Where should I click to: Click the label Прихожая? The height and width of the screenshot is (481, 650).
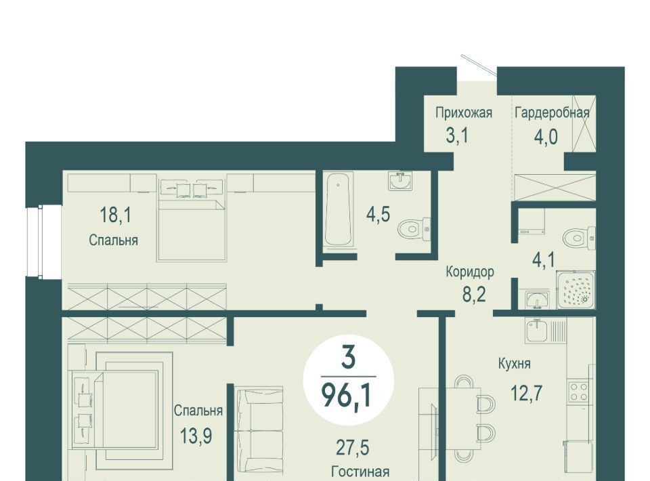point(463,112)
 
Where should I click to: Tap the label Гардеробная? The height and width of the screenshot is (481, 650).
point(552,112)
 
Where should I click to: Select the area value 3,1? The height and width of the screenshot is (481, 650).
point(457,135)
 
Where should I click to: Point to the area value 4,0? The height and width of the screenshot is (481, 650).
point(546,136)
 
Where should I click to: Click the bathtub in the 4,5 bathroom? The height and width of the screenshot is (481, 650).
point(339,211)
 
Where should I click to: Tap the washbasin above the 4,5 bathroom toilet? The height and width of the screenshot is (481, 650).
point(400,181)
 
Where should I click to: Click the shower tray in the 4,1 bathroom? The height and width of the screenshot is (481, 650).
point(576,289)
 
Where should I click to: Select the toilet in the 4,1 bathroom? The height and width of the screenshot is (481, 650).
point(579,238)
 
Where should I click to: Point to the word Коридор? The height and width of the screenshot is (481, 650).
point(470,272)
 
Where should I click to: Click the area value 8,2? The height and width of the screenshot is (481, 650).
point(474,295)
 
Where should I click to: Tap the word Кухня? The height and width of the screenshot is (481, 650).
point(514,364)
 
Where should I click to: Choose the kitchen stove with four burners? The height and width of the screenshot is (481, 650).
point(579,392)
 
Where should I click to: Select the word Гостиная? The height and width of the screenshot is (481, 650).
point(360,472)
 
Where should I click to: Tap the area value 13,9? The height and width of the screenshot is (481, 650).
point(196,436)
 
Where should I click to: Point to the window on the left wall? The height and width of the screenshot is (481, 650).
point(43,242)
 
